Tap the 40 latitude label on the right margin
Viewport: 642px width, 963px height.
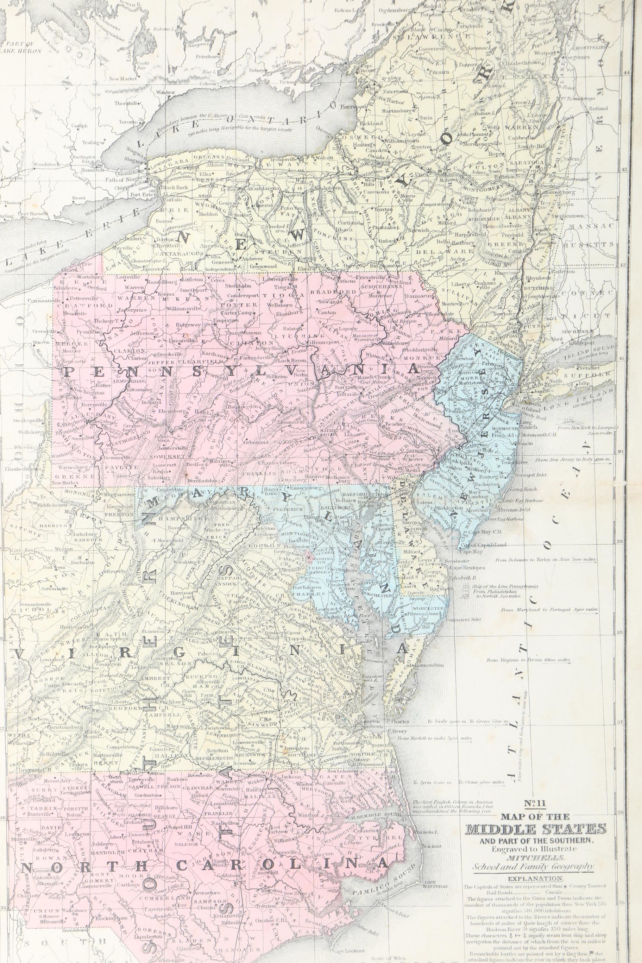click(x=619, y=452)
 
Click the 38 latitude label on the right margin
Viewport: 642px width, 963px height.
click(x=619, y=631)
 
